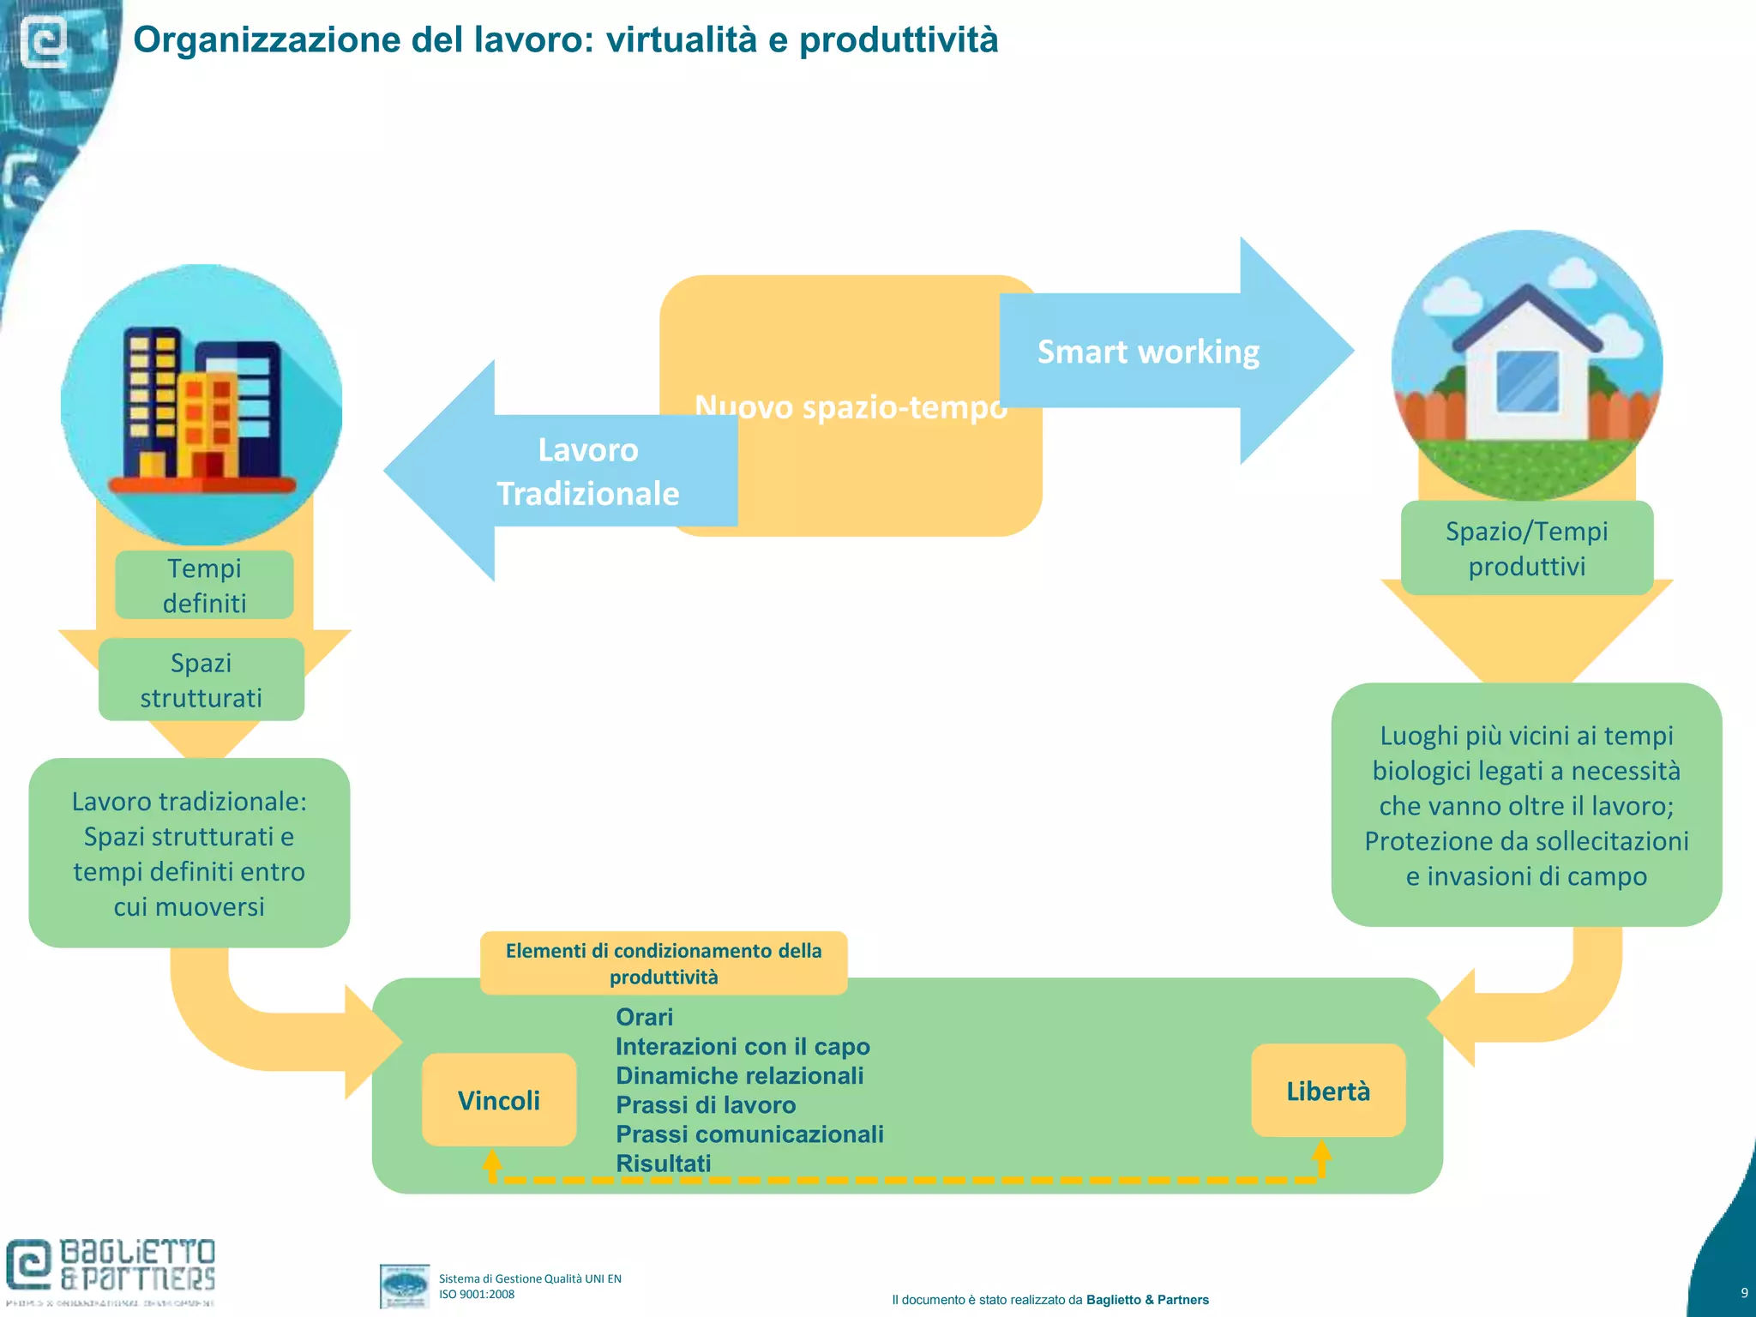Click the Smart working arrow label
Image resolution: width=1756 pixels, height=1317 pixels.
1148,352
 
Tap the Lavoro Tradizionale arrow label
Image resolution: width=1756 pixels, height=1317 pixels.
588,472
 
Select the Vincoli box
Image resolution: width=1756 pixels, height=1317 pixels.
499,1100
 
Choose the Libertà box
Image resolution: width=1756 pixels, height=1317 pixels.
1328,1091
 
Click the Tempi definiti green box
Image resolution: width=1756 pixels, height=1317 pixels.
204,586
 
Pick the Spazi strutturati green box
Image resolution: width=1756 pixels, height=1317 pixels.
201,680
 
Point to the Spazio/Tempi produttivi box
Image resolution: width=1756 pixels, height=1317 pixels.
1526,549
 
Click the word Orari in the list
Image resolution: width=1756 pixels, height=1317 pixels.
644,1017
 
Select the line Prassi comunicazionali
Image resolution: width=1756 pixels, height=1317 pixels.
749,1134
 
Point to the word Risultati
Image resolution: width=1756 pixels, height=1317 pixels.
663,1164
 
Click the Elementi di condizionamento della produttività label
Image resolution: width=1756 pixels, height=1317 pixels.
664,963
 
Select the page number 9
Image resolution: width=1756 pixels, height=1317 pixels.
1744,1293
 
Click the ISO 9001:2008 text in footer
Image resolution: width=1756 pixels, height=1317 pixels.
477,1295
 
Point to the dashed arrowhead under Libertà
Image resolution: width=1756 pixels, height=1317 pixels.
1321,1151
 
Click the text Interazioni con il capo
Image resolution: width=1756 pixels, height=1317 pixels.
743,1046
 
